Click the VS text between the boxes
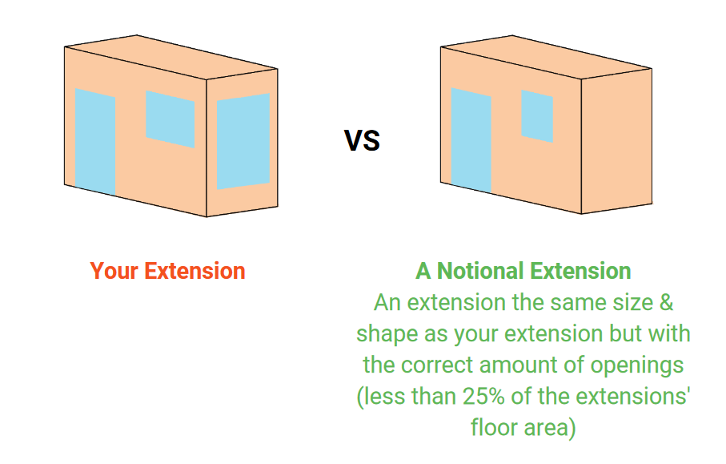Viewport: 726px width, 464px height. click(362, 140)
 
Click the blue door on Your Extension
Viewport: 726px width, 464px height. click(95, 141)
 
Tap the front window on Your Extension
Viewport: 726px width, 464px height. click(170, 119)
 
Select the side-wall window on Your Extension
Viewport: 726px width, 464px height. click(243, 141)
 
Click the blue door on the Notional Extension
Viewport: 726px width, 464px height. click(471, 140)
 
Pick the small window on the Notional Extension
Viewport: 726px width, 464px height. click(537, 116)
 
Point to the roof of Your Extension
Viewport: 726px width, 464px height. click(171, 57)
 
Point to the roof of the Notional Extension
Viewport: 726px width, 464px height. click(547, 57)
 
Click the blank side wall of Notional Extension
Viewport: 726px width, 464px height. click(616, 141)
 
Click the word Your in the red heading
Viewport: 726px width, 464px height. click(114, 271)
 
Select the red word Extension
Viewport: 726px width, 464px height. click(195, 271)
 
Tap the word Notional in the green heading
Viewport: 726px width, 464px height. click(480, 271)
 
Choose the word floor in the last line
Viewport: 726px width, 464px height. click(494, 427)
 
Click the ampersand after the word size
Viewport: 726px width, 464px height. click(666, 303)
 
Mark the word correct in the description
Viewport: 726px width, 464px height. click(439, 365)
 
